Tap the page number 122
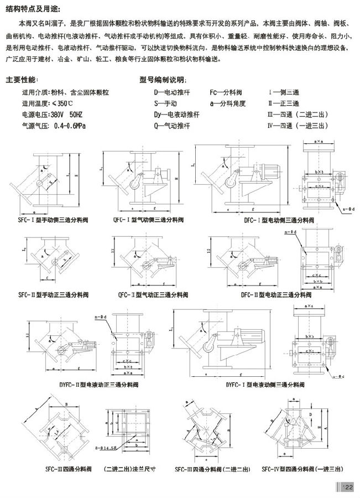347,486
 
